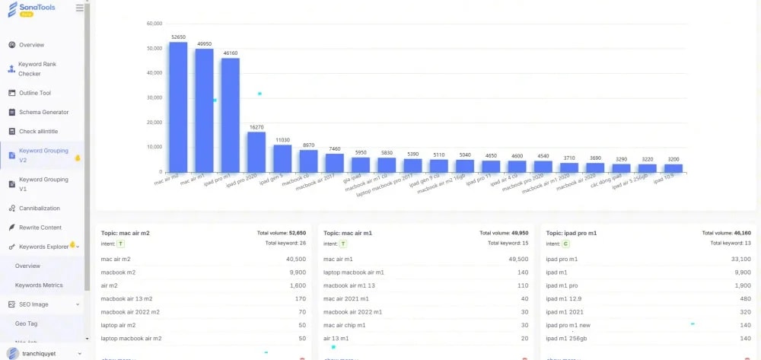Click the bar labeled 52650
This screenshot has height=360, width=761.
pos(178,107)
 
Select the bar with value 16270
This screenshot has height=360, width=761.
pos(256,151)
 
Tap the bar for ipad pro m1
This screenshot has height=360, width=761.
pos(230,114)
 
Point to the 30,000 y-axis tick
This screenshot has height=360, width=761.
pos(153,97)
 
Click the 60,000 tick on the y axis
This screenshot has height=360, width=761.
pos(153,24)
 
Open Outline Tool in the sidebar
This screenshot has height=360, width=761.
pos(34,93)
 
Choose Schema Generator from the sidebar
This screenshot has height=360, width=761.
pos(43,112)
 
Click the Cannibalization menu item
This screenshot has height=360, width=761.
pos(39,208)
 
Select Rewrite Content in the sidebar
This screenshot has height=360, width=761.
pos(40,228)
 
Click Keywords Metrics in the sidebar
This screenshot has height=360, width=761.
pos(39,285)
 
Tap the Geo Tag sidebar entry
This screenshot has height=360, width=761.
pos(27,323)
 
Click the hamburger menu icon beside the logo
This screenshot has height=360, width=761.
pos(80,8)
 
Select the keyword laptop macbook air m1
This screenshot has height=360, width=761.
pos(354,272)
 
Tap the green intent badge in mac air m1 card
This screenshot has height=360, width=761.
pos(343,244)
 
